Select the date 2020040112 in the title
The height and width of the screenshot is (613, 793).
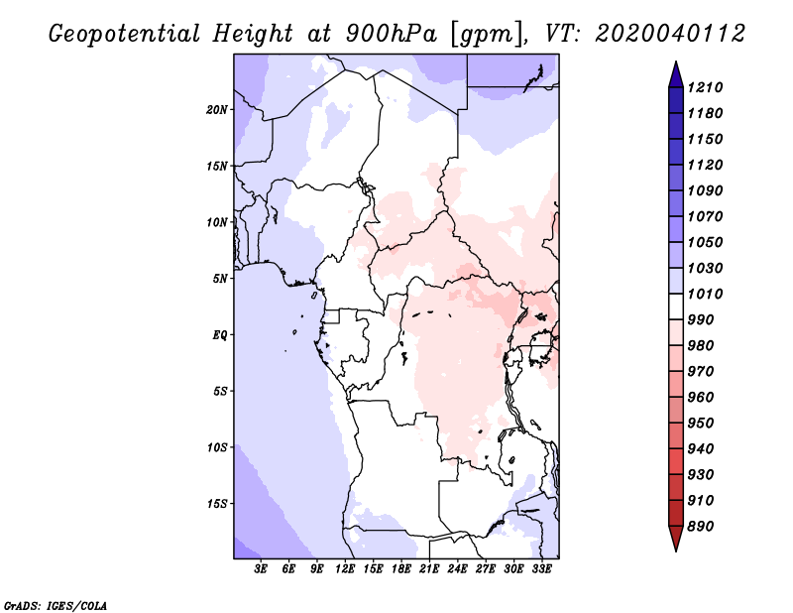670,34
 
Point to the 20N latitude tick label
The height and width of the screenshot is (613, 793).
217,109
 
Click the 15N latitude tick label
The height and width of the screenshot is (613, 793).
217,166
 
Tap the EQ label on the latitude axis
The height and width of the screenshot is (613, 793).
221,335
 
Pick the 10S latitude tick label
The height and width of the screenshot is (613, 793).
217,447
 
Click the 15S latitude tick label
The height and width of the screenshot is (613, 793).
217,504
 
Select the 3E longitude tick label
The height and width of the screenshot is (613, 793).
261,569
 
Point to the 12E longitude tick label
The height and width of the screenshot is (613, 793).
345,569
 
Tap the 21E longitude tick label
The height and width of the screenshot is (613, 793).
429,569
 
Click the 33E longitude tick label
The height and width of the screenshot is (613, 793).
541,569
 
